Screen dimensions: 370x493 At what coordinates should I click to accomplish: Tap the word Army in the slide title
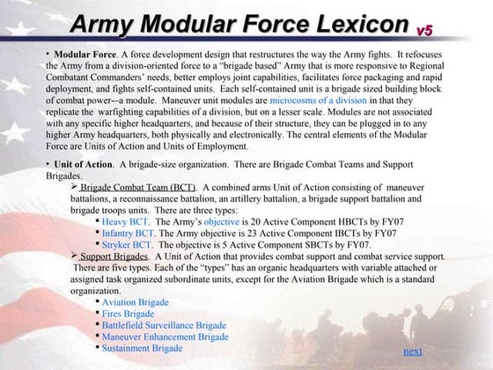(103, 22)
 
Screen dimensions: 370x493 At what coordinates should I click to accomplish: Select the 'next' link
(412, 351)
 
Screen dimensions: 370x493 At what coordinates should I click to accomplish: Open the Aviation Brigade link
(135, 302)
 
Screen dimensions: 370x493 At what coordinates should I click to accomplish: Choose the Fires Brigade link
(128, 314)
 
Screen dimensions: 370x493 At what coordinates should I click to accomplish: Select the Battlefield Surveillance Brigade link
(164, 325)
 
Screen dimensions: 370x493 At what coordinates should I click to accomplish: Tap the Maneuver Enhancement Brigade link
(165, 337)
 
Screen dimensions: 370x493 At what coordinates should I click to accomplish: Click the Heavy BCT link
(127, 222)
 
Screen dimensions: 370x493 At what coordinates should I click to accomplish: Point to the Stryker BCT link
(129, 245)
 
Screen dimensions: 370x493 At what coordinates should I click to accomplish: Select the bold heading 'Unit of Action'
(83, 165)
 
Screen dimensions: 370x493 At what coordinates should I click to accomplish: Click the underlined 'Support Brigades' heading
(110, 256)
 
